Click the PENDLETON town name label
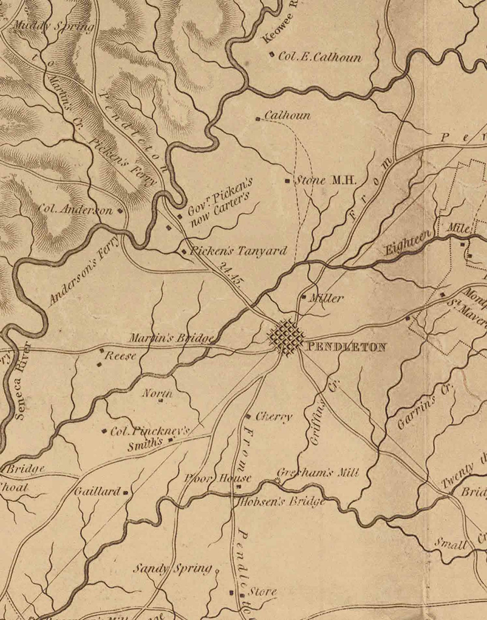[346, 347]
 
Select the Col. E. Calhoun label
[320, 57]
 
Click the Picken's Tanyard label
[239, 251]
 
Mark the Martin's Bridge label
[171, 338]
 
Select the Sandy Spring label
[173, 569]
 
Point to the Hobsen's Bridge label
[281, 502]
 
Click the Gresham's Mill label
[318, 473]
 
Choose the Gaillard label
[98, 492]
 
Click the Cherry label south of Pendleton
[274, 417]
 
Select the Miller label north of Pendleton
[326, 298]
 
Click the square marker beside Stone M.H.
[287, 181]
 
